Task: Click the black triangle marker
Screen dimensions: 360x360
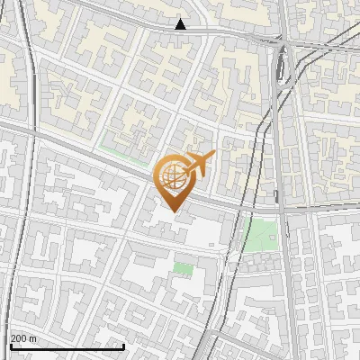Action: click(x=181, y=24)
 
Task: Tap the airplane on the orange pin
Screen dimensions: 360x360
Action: click(x=196, y=165)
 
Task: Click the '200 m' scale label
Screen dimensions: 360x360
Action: click(x=24, y=338)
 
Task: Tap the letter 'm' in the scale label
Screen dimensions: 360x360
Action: click(x=34, y=338)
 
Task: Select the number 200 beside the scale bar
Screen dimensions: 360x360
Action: click(x=20, y=338)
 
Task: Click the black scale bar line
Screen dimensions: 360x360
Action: click(x=54, y=346)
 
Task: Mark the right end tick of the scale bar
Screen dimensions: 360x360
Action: click(x=98, y=345)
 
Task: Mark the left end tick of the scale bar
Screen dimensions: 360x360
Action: click(x=10, y=345)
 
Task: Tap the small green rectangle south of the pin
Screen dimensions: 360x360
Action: click(x=184, y=268)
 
